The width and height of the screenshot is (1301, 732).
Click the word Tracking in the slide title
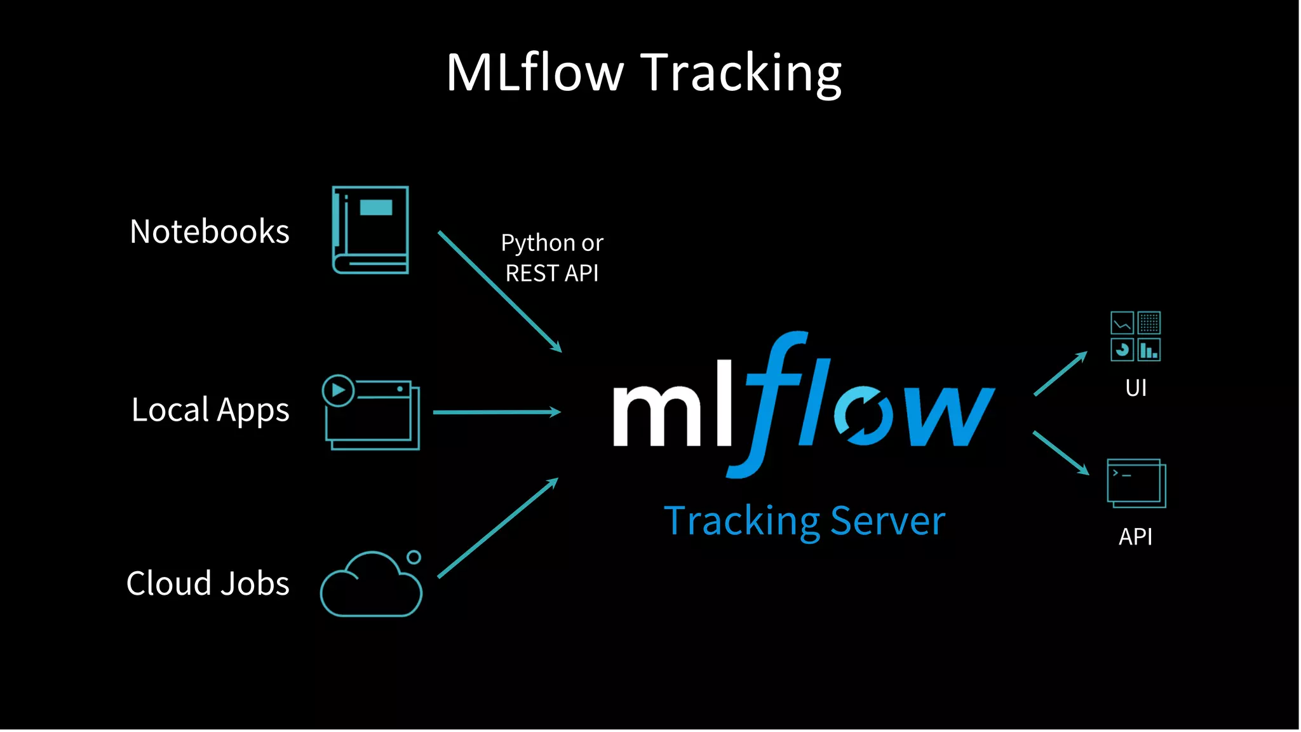point(741,74)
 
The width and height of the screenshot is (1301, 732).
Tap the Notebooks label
point(210,231)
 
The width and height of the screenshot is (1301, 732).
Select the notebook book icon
point(370,230)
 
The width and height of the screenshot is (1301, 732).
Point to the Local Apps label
point(210,410)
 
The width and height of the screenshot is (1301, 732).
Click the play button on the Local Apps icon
point(338,390)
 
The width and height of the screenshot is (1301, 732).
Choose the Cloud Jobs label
point(208,583)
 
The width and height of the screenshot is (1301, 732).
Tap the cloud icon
point(370,588)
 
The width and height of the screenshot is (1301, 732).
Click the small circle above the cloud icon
point(414,557)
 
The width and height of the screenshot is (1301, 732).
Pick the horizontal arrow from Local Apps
point(496,412)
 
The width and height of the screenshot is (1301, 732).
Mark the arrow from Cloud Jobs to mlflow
point(497,529)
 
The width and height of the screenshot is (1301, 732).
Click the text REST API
point(551,273)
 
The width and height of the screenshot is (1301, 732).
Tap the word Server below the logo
point(887,522)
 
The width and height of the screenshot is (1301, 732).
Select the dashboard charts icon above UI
point(1135,336)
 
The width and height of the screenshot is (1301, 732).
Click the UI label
point(1136,388)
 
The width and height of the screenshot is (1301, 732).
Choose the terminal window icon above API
point(1136,484)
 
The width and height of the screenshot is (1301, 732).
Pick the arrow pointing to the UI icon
point(1060,374)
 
